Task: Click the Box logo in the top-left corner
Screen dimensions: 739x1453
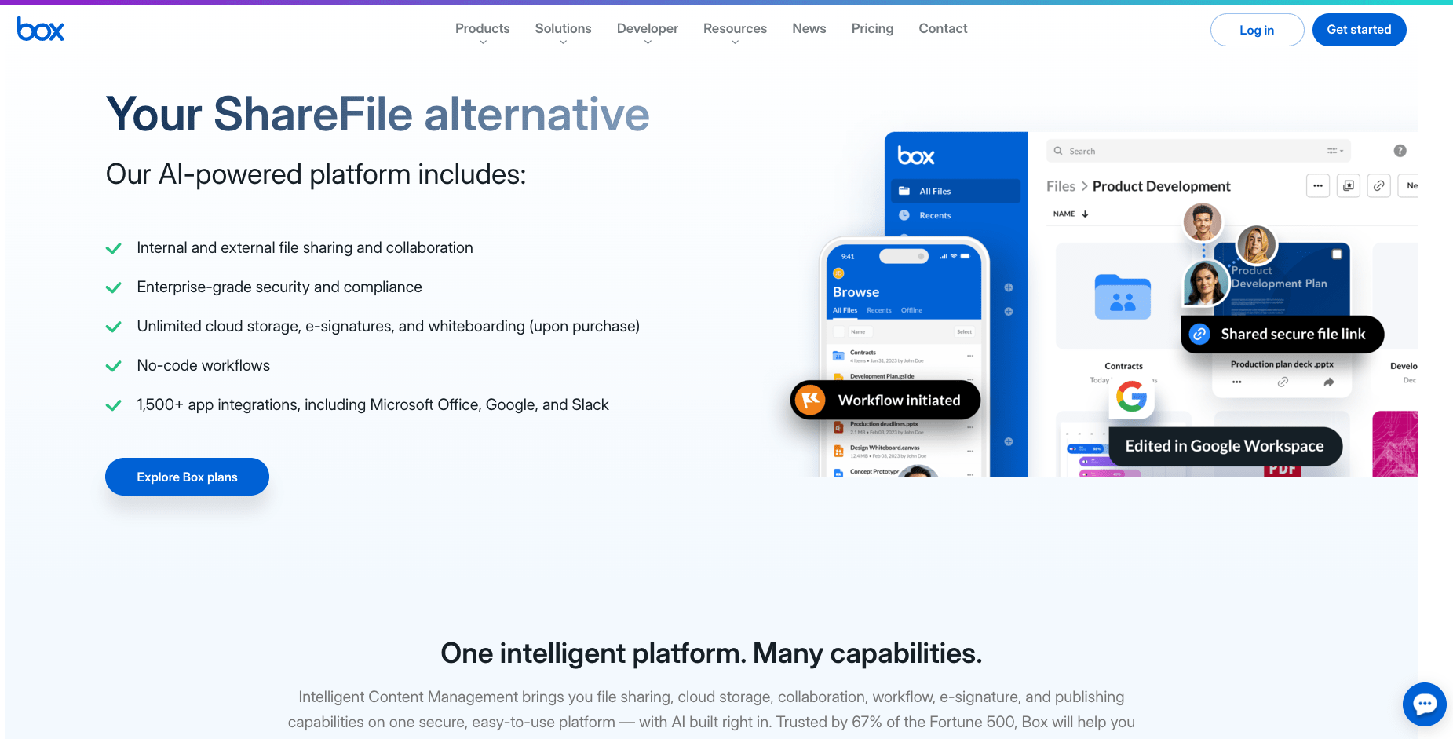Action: click(41, 30)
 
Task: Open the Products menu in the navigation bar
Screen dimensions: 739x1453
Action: click(482, 29)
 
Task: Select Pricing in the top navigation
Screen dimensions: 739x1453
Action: click(872, 29)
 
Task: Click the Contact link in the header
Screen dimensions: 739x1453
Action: click(943, 29)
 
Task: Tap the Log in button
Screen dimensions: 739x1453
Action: click(1256, 30)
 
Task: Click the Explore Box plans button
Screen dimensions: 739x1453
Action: click(187, 477)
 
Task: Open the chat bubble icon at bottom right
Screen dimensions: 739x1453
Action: click(1424, 704)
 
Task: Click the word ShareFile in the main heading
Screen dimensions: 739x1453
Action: click(313, 115)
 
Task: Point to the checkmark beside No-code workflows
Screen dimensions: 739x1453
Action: click(114, 366)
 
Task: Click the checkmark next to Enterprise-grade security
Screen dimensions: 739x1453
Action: click(114, 287)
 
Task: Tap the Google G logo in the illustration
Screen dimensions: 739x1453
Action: click(1131, 397)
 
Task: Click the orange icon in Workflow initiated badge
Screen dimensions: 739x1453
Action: click(810, 400)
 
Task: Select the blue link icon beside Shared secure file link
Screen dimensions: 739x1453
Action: click(1199, 334)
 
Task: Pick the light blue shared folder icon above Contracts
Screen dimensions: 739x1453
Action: click(1123, 297)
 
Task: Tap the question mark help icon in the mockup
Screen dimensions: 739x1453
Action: click(1400, 151)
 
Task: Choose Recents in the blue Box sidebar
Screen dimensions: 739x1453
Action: click(935, 215)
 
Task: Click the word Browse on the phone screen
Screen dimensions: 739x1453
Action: click(856, 292)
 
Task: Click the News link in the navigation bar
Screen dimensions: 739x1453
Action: click(809, 29)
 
